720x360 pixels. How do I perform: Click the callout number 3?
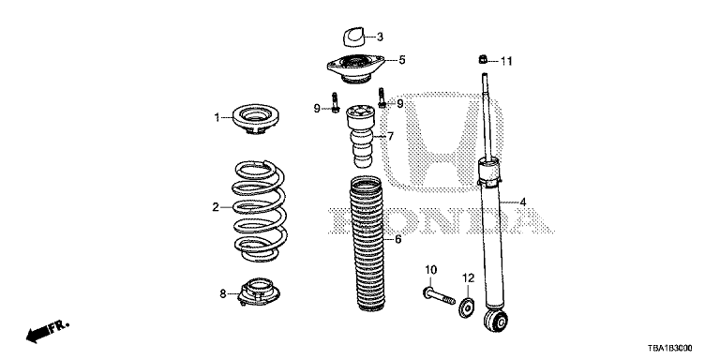click(380, 37)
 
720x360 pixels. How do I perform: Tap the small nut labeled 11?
click(481, 60)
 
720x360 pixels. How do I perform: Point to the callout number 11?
click(506, 62)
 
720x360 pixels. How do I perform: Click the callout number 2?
click(215, 207)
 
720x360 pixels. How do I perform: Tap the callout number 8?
click(223, 293)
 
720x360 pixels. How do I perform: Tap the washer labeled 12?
click(467, 305)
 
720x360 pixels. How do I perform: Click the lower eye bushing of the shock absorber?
click(499, 322)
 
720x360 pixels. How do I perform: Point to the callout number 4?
click(522, 202)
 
